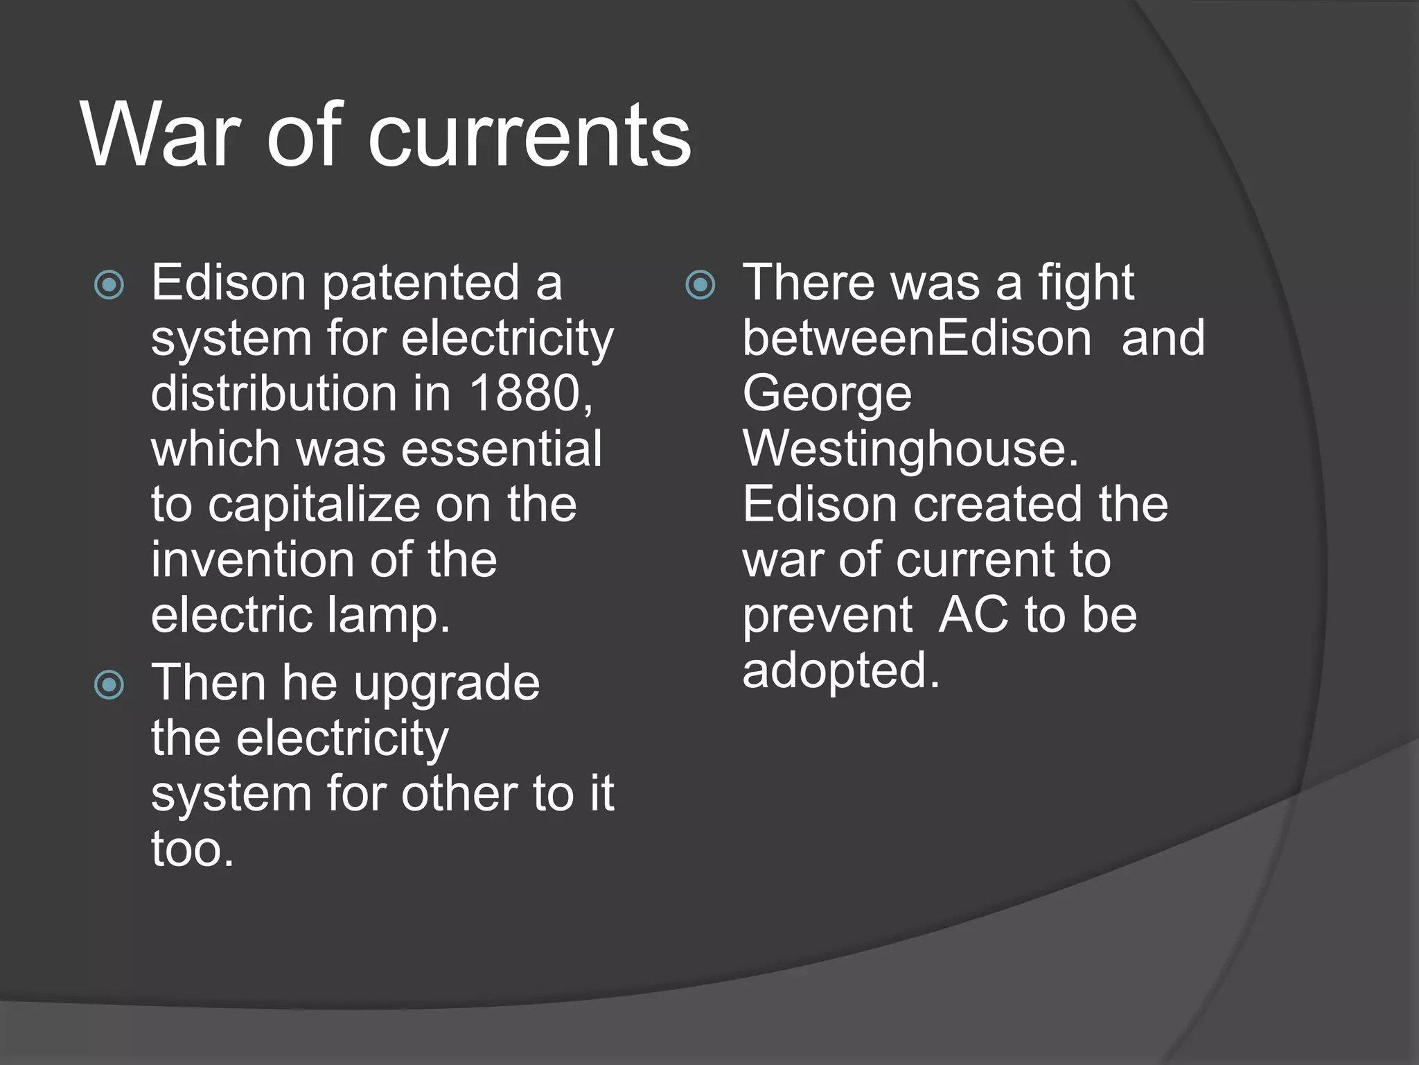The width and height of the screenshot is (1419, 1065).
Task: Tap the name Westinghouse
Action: click(x=910, y=450)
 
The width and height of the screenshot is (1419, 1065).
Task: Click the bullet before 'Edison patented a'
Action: click(x=109, y=285)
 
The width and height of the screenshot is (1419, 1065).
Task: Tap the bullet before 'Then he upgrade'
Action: click(x=109, y=685)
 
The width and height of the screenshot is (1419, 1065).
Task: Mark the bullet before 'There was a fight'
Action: click(x=700, y=285)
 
